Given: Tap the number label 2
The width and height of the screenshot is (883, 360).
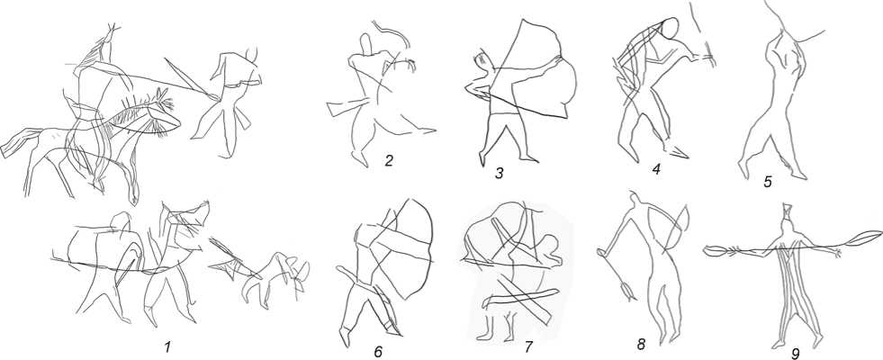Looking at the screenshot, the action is click(389, 162).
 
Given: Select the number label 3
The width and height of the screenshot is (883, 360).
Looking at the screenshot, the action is click(500, 173).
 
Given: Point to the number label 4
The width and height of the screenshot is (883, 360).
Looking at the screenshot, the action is click(655, 168).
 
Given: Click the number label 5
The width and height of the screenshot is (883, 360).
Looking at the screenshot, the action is click(768, 182).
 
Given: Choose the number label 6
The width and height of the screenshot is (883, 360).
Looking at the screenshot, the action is click(378, 352).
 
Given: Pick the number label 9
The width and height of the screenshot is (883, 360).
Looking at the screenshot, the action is click(796, 353).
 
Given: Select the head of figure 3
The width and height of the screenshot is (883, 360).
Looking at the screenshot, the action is click(482, 59).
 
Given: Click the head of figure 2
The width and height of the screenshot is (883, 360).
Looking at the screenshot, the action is click(366, 45).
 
